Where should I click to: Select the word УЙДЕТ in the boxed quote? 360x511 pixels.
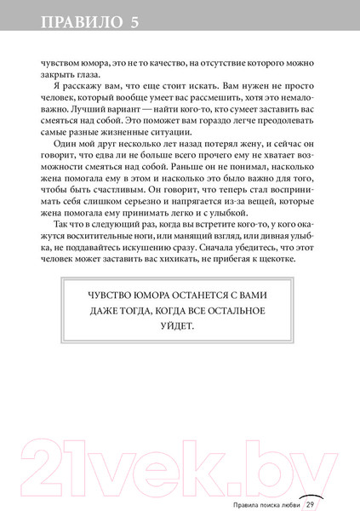coord(181,327)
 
